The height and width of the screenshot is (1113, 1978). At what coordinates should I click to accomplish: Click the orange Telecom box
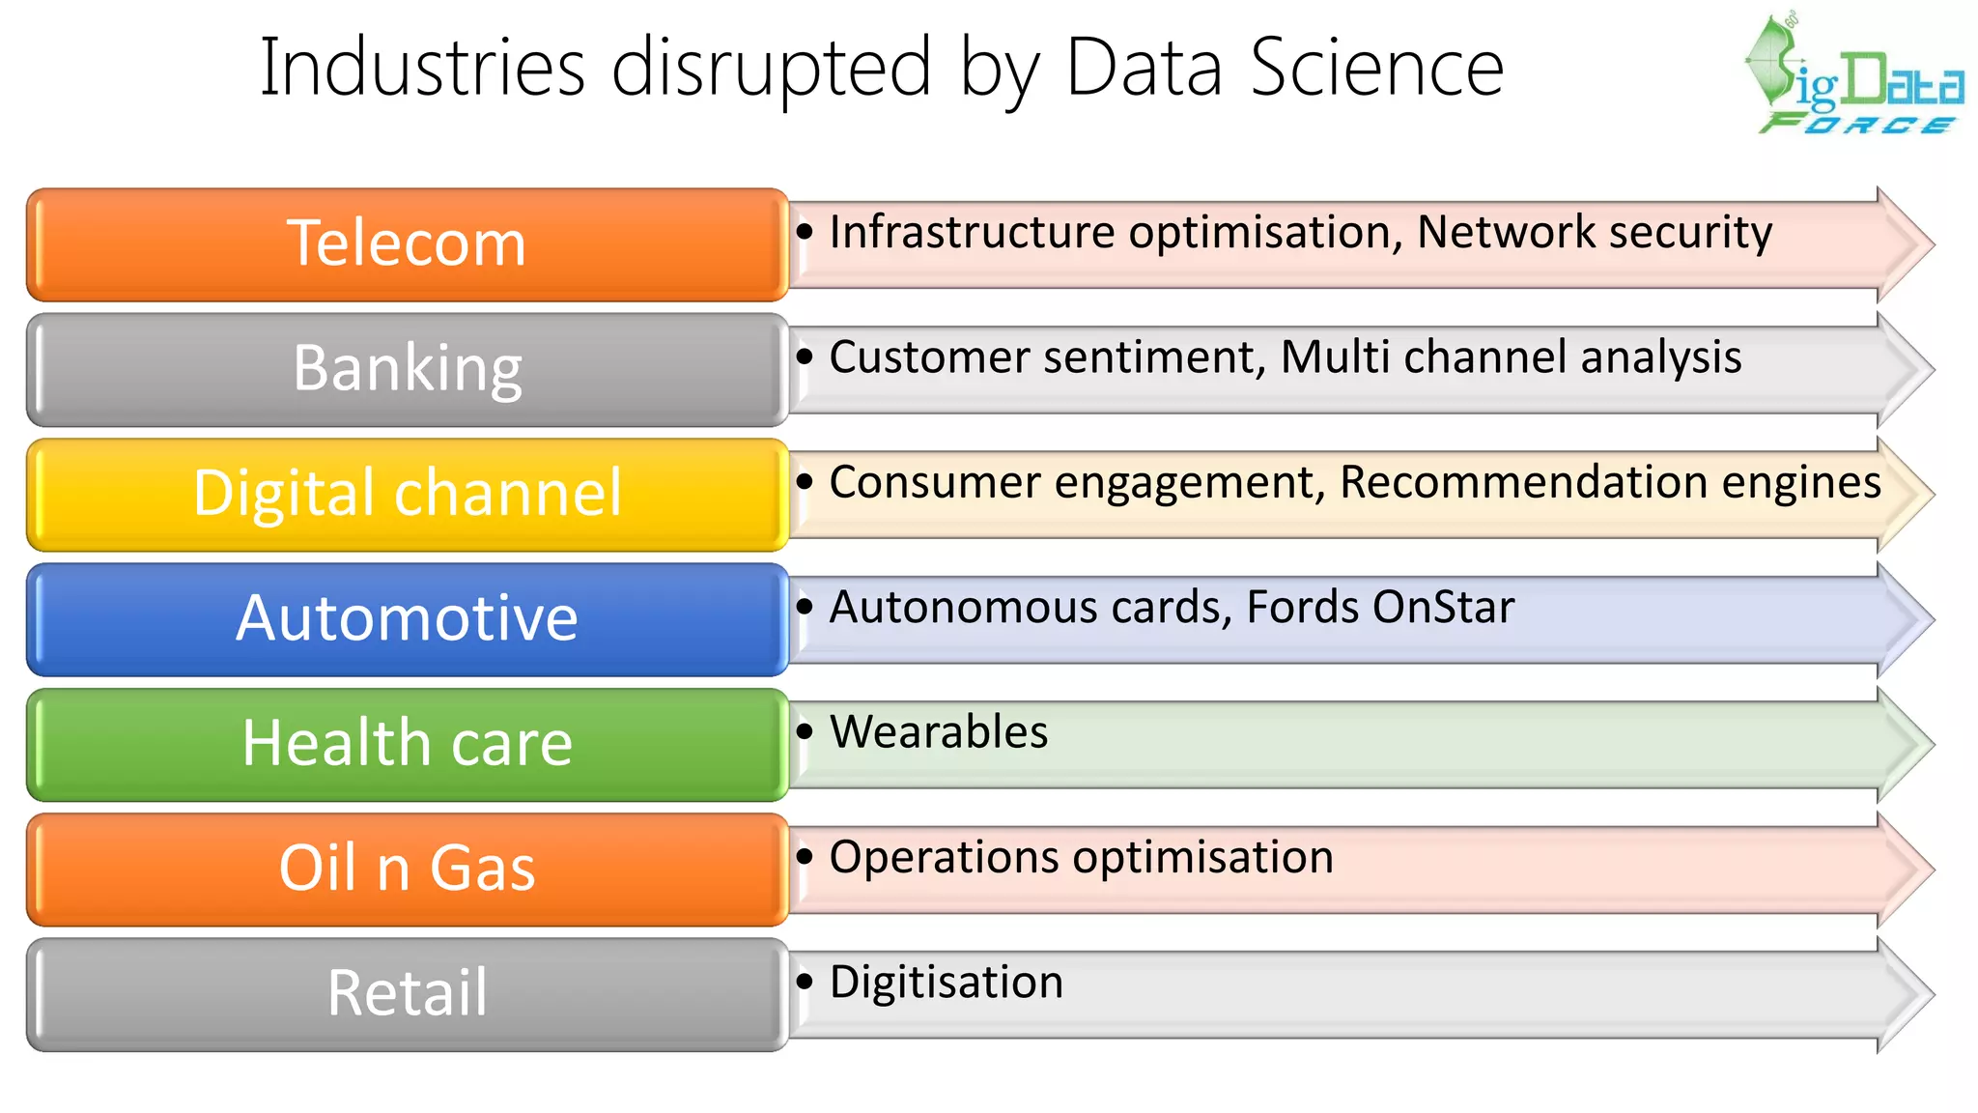pos(407,244)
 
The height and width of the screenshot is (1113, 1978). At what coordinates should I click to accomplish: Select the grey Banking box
pos(407,369)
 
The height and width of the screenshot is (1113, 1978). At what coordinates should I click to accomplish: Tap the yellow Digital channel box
pos(407,494)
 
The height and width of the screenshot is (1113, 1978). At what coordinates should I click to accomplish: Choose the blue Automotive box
pos(407,618)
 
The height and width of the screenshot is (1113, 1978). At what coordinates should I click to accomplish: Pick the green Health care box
pos(407,744)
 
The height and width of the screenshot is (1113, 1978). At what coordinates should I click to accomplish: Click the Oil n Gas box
pos(407,869)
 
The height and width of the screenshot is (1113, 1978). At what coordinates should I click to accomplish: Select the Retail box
pos(407,993)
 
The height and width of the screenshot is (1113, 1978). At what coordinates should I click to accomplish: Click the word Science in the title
pos(1377,68)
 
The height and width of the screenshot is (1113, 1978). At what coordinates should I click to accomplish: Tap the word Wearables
pos(939,732)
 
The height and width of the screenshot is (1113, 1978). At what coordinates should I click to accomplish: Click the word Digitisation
pos(947,983)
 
